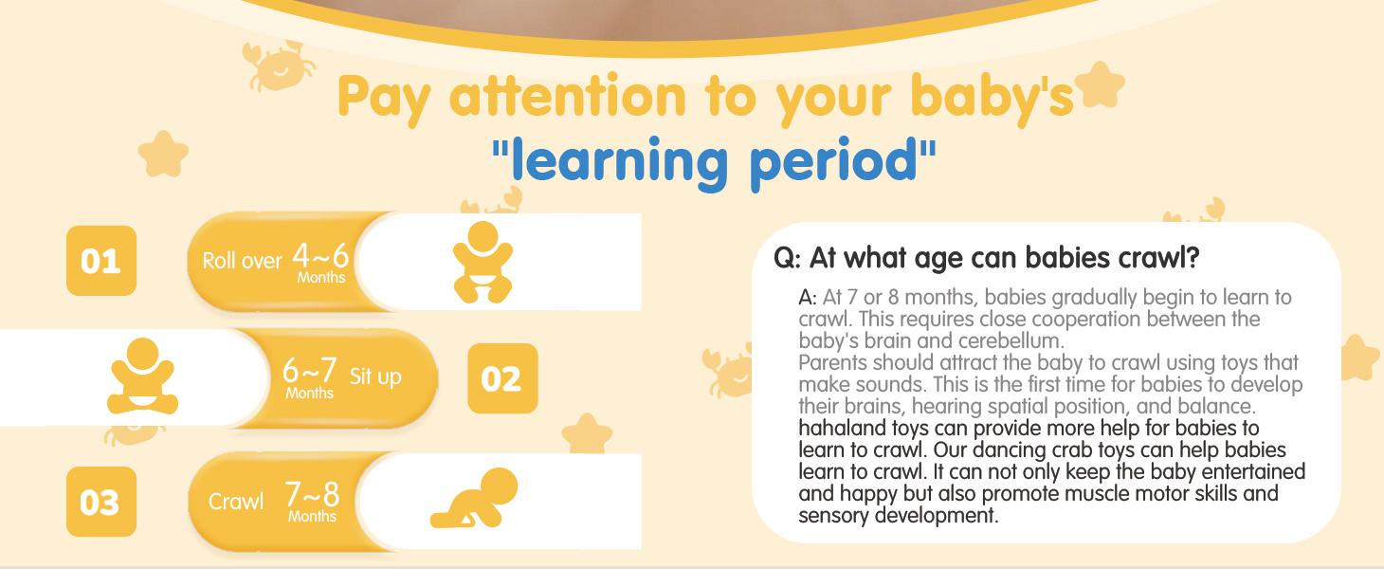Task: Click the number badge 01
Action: [x=101, y=261]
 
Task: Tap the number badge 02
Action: [x=503, y=378]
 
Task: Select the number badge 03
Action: [x=101, y=502]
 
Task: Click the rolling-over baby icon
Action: [x=483, y=262]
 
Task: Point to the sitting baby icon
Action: [x=143, y=376]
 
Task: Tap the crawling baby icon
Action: [x=474, y=498]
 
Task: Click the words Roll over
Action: [x=243, y=261]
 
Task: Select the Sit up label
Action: [x=375, y=376]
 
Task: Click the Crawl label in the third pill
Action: [x=236, y=501]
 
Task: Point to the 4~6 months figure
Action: [x=320, y=263]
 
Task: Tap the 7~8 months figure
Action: [x=313, y=501]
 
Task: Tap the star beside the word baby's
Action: [x=1100, y=84]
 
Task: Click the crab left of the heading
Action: [x=278, y=65]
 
